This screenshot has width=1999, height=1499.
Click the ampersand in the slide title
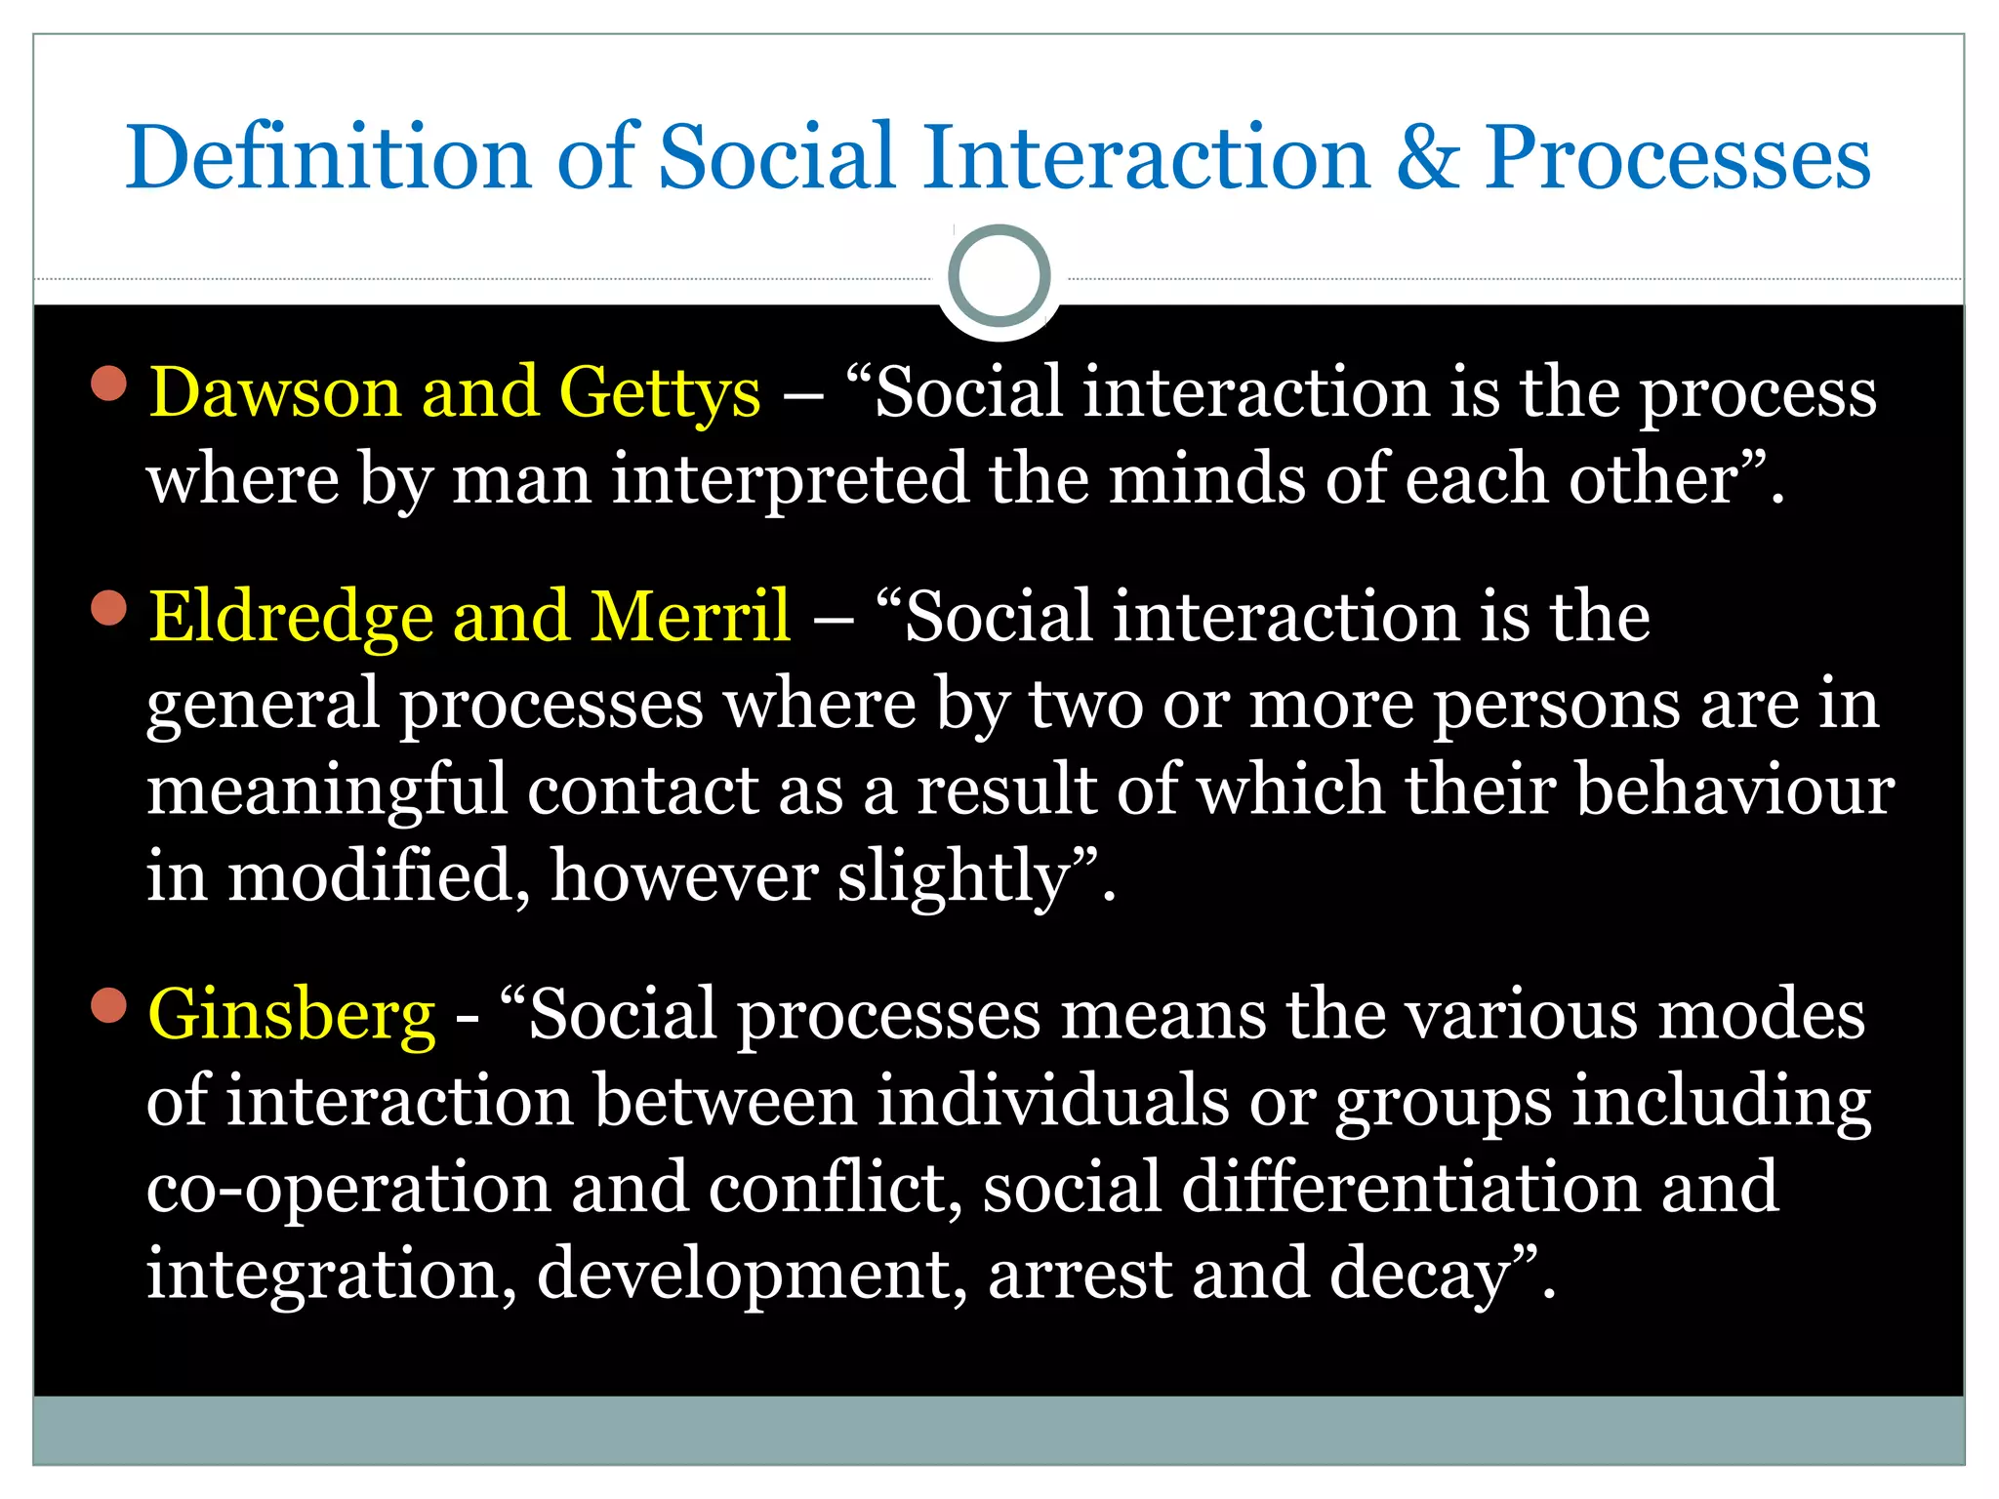(x=1428, y=158)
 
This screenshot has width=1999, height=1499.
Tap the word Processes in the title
(x=1677, y=158)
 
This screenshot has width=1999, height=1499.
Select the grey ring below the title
(x=999, y=276)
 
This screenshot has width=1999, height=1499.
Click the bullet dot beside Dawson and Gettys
(x=109, y=384)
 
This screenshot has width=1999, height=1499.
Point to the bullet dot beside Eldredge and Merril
(x=109, y=608)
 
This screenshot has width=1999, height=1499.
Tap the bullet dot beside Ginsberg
(x=109, y=1006)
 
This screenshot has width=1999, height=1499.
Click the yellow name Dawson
(x=274, y=392)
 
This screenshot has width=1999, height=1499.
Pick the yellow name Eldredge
(x=291, y=619)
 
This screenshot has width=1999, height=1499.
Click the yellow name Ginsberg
(x=291, y=1016)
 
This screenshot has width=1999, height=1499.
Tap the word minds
(x=1206, y=479)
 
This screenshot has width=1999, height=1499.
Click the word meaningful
(x=327, y=790)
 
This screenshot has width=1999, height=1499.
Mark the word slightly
(x=954, y=877)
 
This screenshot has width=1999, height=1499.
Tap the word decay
(x=1419, y=1275)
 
